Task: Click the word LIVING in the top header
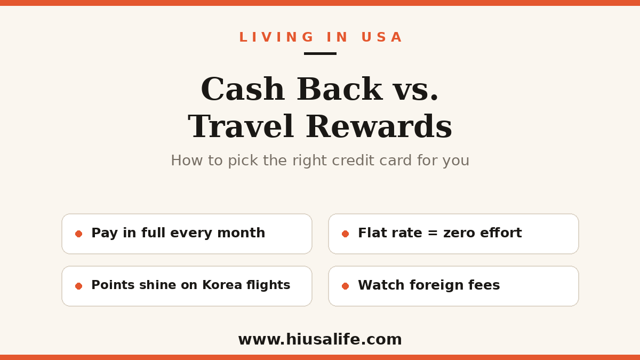pos(276,37)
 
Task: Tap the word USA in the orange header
pos(382,37)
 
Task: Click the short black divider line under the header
pos(320,53)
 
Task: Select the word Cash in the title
pos(243,89)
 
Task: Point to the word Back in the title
pos(340,89)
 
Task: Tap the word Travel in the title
pos(241,126)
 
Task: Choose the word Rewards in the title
pos(379,126)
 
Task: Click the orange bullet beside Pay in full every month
pos(78,234)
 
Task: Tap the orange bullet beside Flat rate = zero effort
pos(345,234)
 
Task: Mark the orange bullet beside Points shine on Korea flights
pos(78,286)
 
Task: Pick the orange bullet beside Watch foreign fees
pos(345,286)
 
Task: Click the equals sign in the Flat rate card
pos(433,233)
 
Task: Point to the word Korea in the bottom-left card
pos(222,285)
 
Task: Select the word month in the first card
pos(241,233)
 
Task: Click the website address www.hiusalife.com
pos(320,339)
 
